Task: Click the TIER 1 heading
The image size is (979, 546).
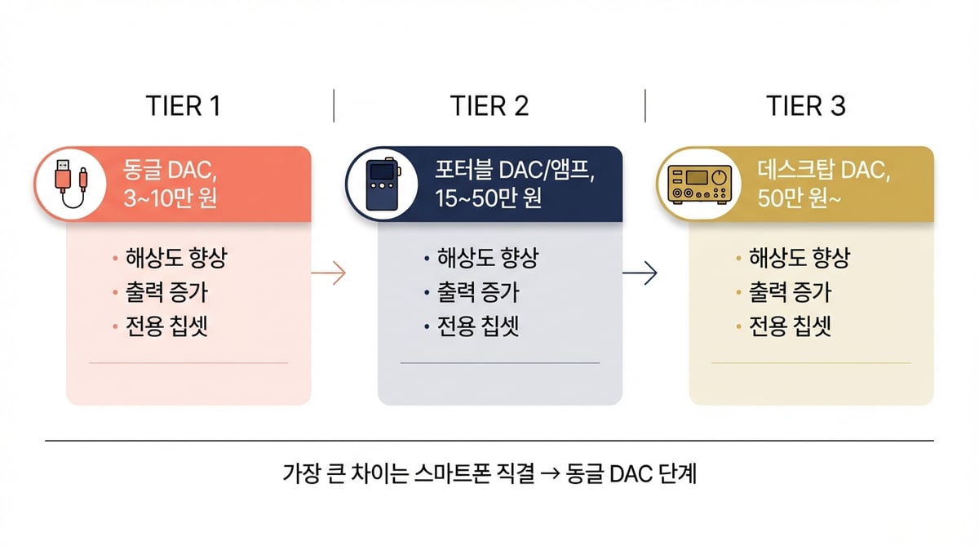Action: (184, 106)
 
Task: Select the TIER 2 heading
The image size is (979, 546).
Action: (489, 106)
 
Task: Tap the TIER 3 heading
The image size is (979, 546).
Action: (805, 106)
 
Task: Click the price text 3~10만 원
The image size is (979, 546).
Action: (170, 199)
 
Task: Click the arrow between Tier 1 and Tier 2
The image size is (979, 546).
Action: (329, 273)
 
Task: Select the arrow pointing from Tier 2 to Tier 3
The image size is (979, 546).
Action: (640, 273)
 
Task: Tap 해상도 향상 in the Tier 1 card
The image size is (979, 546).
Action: (175, 259)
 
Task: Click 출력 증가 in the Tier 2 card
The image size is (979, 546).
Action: (478, 293)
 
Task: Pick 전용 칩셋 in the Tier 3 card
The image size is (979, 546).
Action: (791, 327)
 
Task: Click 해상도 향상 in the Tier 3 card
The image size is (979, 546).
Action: (800, 259)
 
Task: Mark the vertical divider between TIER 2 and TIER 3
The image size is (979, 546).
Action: (645, 106)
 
